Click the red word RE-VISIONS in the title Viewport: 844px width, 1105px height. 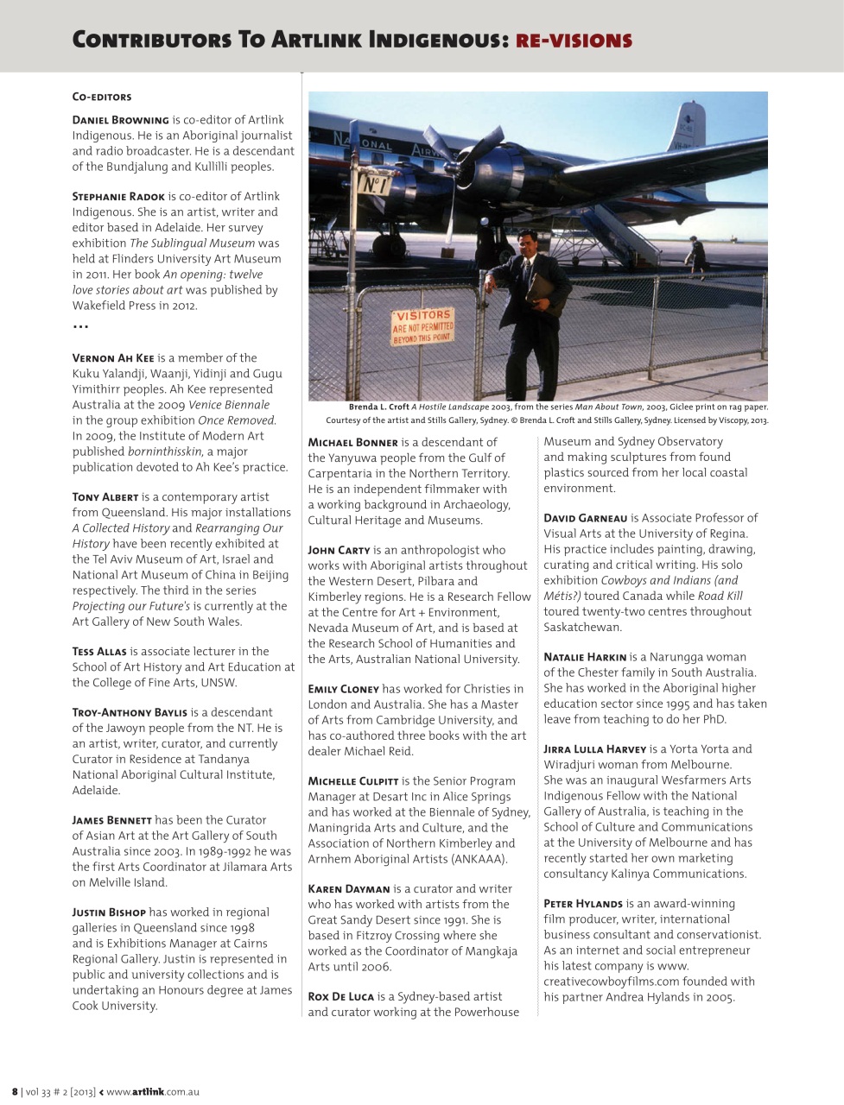[574, 40]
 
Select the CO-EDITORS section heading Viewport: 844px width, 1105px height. [102, 98]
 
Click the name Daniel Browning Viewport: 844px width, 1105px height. [120, 120]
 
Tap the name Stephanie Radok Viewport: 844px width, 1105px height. [118, 197]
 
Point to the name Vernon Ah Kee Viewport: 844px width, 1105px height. [113, 358]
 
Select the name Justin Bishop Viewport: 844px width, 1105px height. [109, 912]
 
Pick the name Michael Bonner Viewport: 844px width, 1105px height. [352, 443]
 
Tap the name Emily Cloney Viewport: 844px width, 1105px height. [343, 690]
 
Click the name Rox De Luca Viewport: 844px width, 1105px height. [340, 997]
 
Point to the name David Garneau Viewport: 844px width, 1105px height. [585, 519]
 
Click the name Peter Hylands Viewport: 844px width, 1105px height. [582, 904]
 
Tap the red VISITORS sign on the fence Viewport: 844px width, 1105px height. [422, 327]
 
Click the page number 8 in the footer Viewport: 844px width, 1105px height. [15, 1092]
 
